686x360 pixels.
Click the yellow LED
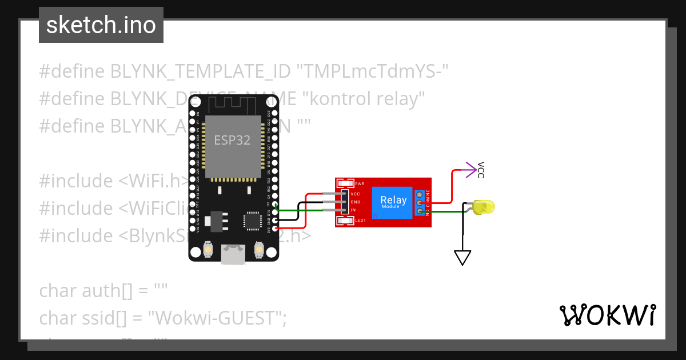(484, 207)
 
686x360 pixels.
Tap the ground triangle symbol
(462, 258)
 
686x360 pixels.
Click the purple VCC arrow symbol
(470, 169)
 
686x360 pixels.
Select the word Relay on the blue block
(393, 199)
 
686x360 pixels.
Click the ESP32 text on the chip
(232, 140)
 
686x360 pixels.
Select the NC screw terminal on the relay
(420, 194)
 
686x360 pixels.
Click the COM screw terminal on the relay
(420, 203)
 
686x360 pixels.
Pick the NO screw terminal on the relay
(420, 211)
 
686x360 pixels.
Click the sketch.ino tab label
(101, 25)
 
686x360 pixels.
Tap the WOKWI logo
(607, 315)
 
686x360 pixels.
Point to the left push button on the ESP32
(209, 250)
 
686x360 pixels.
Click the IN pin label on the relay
(353, 210)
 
